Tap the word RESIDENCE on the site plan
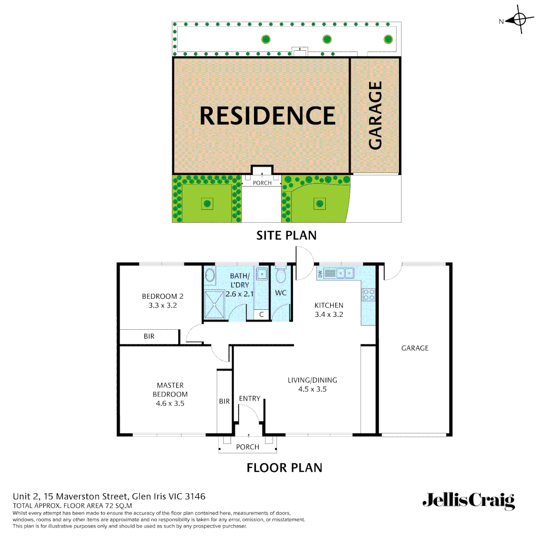pos(268,116)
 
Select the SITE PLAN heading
pos(286,235)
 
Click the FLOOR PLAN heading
pos(284,468)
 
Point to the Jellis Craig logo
pos(468,501)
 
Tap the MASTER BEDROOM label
pos(170,390)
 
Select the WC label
pos(281,293)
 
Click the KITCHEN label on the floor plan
pos(329,305)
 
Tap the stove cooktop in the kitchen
pos(369,294)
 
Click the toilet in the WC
pos(280,275)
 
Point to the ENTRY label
pos(250,399)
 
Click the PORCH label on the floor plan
pos(248,447)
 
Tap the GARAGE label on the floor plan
pos(415,348)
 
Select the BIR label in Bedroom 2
pos(149,336)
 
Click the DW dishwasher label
pos(320,273)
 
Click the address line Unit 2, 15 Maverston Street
pos(109,496)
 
